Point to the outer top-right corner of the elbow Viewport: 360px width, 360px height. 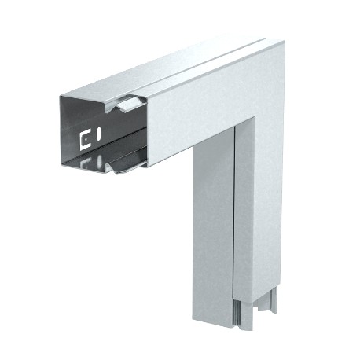pyautogui.click(x=281, y=45)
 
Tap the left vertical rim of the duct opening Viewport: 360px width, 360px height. pyautogui.click(x=61, y=130)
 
